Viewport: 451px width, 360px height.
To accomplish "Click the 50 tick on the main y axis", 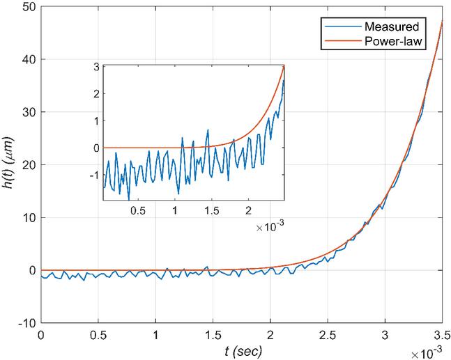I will tap(27, 7).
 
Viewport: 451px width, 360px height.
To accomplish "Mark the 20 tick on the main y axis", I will tap(27, 165).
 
